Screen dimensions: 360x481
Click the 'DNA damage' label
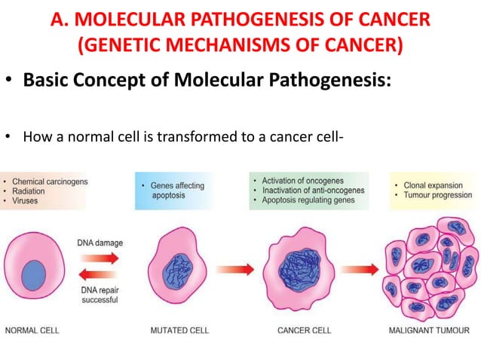[x=100, y=243]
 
